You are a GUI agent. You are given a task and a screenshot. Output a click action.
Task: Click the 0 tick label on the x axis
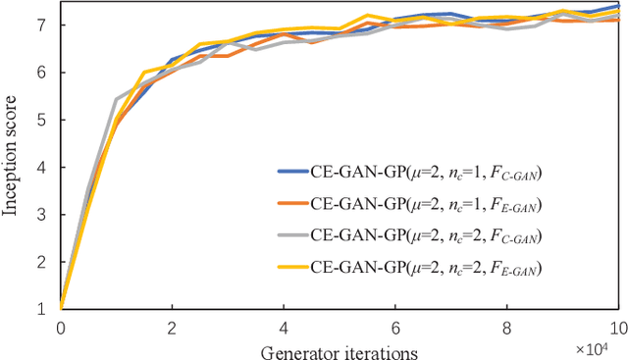tap(60, 329)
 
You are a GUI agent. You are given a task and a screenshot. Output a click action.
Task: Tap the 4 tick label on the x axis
tap(284, 329)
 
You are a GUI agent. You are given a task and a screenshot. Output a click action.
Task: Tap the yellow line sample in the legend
tap(291, 266)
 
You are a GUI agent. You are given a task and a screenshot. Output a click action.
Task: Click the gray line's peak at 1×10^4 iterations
tap(116, 99)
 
